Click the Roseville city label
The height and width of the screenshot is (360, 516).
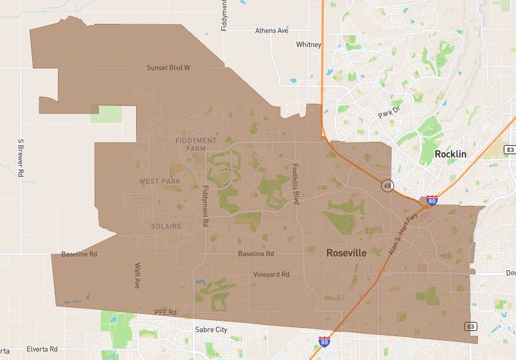coord(346,253)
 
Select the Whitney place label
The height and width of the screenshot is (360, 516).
coord(308,45)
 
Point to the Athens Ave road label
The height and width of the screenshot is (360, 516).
coord(272,30)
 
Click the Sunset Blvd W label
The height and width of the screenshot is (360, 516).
coord(168,67)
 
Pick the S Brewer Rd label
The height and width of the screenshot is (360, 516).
coord(21,157)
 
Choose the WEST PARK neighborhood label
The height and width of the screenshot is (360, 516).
coord(160,181)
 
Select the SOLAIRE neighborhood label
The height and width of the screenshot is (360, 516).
coord(166,226)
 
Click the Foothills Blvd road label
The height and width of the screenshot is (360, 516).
coord(297,183)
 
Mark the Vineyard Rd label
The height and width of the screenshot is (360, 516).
coord(272,274)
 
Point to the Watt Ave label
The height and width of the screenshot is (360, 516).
coord(137,275)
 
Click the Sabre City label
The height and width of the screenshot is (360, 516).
coord(212,330)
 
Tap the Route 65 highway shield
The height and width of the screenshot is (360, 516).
coord(386,186)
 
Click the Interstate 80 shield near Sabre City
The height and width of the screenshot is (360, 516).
coord(324,341)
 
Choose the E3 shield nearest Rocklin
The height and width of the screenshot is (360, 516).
coord(510,150)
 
